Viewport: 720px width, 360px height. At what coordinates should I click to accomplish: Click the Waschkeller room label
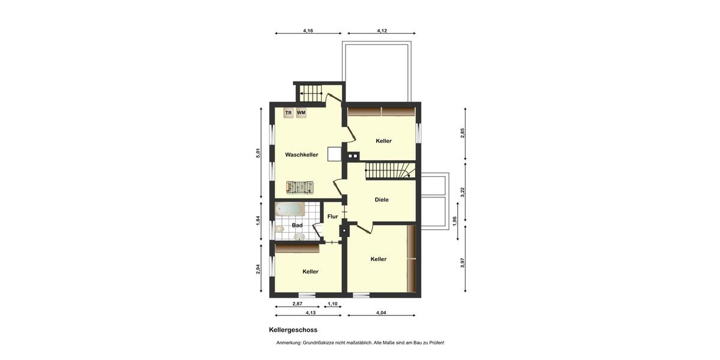[301, 155]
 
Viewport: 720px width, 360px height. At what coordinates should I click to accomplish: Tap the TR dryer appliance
[289, 113]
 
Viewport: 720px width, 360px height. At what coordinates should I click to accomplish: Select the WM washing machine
[301, 113]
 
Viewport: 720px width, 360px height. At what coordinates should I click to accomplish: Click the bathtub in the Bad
[289, 209]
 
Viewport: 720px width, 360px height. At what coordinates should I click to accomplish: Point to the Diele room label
[382, 200]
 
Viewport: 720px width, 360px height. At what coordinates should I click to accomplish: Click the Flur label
[332, 217]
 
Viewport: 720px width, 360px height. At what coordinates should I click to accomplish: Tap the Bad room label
[297, 226]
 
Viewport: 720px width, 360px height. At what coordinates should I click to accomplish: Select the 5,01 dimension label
[259, 153]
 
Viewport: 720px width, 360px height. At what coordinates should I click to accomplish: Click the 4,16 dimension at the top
[308, 30]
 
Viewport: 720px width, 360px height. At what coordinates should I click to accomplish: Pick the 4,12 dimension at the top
[382, 30]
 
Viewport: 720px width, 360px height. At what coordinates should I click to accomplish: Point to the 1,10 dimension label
[332, 304]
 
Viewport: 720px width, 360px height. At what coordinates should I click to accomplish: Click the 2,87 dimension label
[297, 304]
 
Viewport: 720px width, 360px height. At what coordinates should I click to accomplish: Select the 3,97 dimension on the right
[463, 262]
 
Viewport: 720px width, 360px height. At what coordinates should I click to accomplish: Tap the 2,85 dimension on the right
[463, 133]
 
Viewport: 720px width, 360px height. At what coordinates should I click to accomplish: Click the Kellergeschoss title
[293, 330]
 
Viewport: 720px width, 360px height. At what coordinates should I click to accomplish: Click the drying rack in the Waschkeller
[299, 187]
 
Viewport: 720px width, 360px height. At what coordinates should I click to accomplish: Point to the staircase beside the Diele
[391, 171]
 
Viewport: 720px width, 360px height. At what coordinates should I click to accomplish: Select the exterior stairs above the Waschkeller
[311, 93]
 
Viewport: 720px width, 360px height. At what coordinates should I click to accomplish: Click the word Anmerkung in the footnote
[289, 343]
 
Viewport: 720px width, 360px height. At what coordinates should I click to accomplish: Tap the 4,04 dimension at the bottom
[381, 313]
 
